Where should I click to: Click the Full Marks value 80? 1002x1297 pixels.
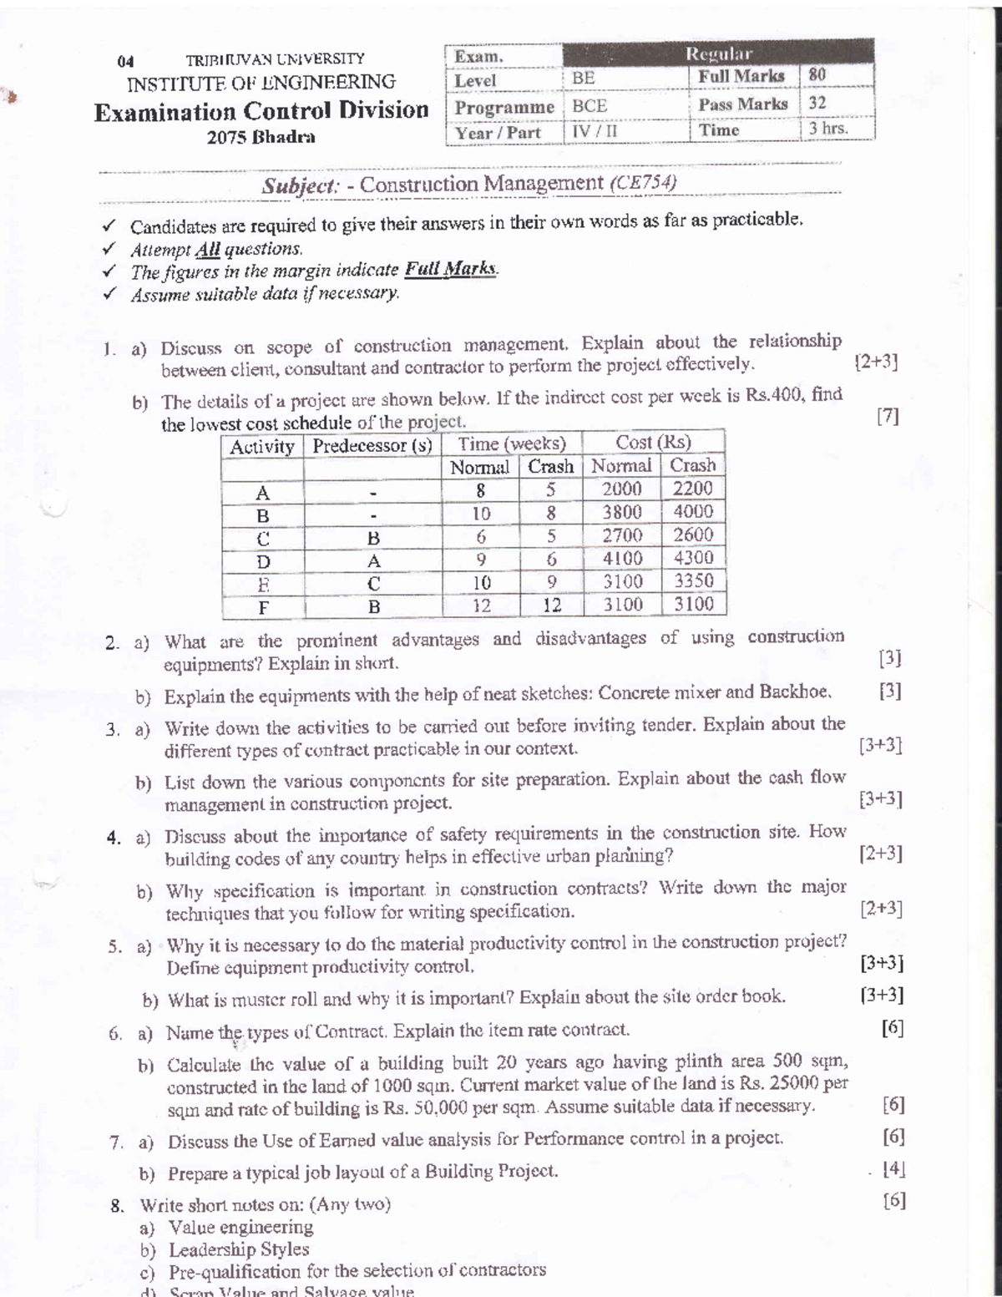(x=817, y=75)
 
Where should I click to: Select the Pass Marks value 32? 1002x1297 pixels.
(x=817, y=104)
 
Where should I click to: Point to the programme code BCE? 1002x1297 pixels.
(x=590, y=106)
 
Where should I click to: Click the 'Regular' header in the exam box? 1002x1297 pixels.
(x=718, y=53)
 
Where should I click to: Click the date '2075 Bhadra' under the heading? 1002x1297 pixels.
(x=261, y=137)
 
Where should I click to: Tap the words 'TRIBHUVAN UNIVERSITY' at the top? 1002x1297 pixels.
(x=275, y=59)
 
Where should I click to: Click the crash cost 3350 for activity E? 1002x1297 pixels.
(x=693, y=581)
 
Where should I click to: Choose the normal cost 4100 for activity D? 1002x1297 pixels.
(x=622, y=559)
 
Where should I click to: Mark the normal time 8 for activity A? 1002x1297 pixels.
(x=481, y=490)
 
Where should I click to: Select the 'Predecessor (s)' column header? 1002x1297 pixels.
(x=372, y=446)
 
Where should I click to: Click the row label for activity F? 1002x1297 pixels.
(x=263, y=606)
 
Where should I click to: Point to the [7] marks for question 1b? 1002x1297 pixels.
(x=888, y=416)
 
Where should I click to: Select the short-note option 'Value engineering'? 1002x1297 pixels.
(x=240, y=1227)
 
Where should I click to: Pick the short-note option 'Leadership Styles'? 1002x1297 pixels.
(x=239, y=1249)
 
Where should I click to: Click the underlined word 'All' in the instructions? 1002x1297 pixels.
(x=207, y=249)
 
